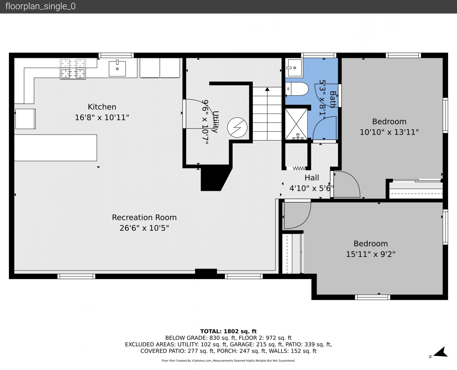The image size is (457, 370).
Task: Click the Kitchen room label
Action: tap(102, 107)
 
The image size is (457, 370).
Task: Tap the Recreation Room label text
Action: tap(144, 217)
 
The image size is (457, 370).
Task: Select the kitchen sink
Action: tap(117, 69)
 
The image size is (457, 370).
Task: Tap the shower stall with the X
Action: tap(296, 124)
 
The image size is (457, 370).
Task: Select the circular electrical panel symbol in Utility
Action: tap(237, 127)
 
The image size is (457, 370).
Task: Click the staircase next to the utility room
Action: tap(267, 114)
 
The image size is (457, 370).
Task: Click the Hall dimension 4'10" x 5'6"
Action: tap(312, 188)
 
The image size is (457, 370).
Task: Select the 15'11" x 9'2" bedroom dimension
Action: tap(370, 254)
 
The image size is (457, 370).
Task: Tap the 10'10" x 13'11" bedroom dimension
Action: tap(389, 132)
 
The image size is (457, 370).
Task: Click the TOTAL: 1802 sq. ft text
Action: tap(228, 331)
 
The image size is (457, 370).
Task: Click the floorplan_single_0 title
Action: tap(40, 7)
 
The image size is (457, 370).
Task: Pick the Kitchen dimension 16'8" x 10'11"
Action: tap(102, 118)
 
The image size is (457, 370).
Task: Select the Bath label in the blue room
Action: tap(333, 99)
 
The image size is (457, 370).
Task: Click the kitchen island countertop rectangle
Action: tap(55, 148)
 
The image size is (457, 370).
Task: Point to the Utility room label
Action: tap(215, 122)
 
